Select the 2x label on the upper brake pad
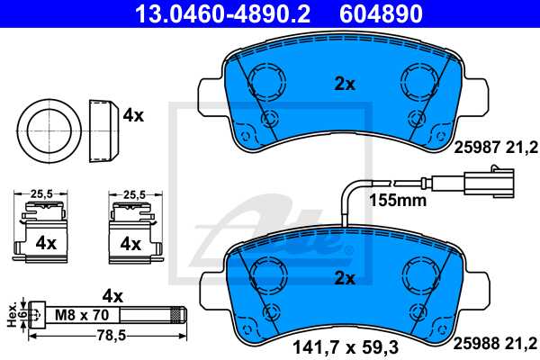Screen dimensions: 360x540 coord(346,84)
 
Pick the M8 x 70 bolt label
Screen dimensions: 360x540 coord(82,314)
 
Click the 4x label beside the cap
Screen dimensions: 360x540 coord(133,115)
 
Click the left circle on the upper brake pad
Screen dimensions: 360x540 coord(265,83)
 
